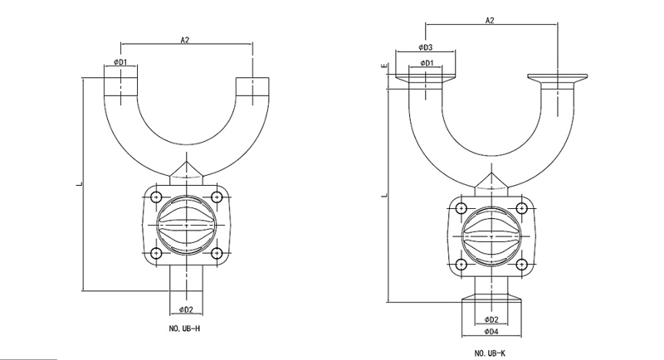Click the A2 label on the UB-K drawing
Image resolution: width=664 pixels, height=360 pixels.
(x=491, y=20)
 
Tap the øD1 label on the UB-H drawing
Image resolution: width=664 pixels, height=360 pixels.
(x=120, y=62)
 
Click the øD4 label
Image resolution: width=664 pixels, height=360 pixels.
(x=491, y=332)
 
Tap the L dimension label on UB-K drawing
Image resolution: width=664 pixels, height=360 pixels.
(x=384, y=195)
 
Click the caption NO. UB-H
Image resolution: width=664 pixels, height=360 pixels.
(x=185, y=329)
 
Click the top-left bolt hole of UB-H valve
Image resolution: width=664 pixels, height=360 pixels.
(x=155, y=197)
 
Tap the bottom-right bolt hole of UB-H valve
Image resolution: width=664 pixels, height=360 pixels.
(x=217, y=252)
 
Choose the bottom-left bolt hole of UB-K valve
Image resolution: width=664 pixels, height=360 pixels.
(x=461, y=264)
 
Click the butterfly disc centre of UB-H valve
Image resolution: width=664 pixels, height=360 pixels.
(x=186, y=225)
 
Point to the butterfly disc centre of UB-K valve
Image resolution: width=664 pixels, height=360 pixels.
(x=491, y=236)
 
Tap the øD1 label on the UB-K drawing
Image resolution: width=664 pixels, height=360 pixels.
(x=426, y=63)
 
